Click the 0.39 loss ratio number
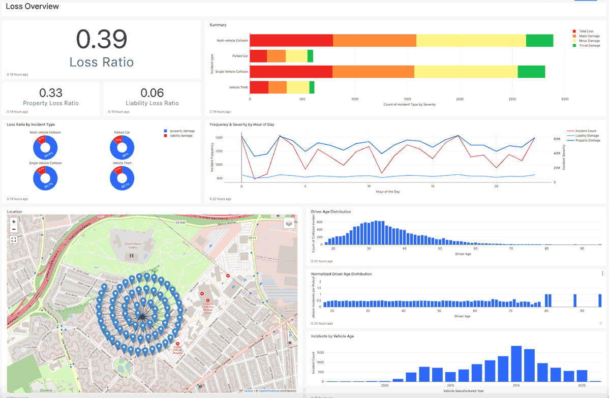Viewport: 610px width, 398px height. tap(102, 40)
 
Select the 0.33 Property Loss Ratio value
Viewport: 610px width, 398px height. tap(51, 93)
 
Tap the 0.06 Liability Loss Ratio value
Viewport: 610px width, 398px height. tap(152, 93)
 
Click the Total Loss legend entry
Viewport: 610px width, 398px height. tap(586, 32)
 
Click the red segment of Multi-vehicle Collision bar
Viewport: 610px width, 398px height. tap(291, 41)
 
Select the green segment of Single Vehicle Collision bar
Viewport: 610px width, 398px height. tap(531, 72)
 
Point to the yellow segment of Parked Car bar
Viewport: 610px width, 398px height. tap(296, 56)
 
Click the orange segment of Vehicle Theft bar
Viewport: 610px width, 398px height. tap(278, 87)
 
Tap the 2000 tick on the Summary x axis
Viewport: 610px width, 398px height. tap(460, 99)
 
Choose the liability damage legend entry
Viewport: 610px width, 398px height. tap(181, 136)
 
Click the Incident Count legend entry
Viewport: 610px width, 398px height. tap(586, 131)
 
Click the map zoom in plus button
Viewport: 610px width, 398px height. tap(14, 222)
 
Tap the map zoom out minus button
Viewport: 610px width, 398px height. tap(14, 229)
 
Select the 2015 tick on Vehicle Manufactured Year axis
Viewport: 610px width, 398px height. tap(515, 386)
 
